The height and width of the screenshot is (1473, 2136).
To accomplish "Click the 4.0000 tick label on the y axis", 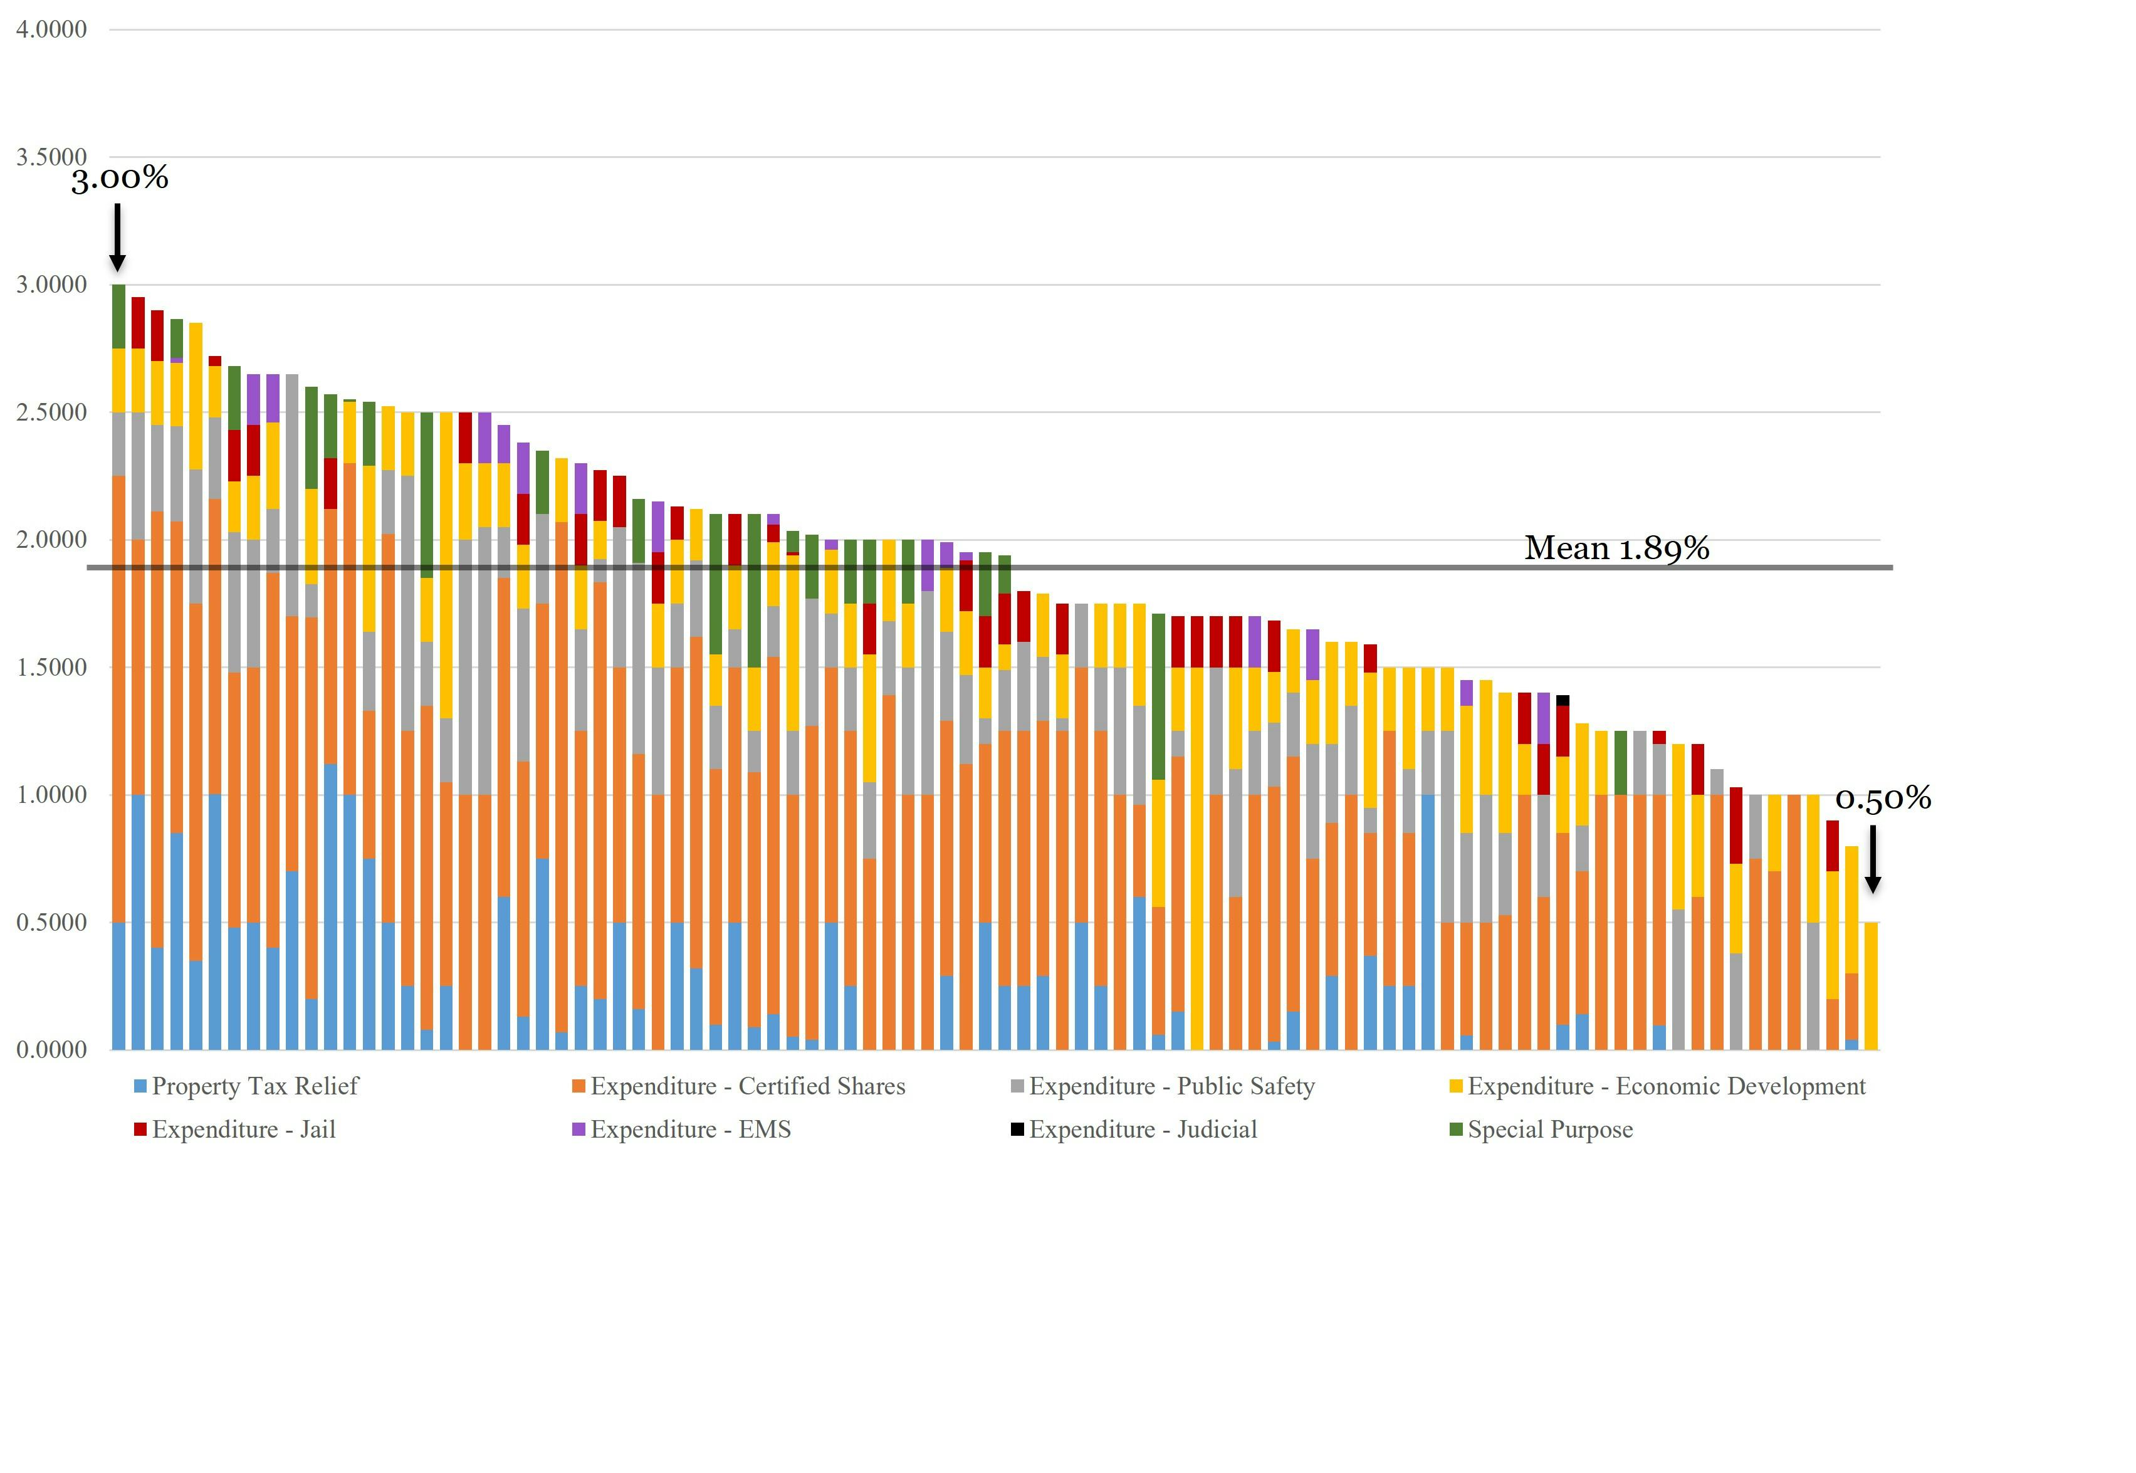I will (51, 29).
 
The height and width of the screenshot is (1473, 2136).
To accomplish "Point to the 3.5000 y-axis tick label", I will (51, 157).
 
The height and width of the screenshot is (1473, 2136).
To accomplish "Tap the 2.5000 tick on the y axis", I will (51, 412).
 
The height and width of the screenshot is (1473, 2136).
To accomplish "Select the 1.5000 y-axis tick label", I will (51, 668).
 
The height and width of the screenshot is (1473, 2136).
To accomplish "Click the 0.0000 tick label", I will (51, 1049).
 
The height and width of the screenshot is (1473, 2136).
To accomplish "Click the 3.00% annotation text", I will (120, 178).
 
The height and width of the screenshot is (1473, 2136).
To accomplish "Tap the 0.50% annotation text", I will (1882, 799).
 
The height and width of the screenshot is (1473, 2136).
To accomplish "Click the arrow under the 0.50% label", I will (1872, 858).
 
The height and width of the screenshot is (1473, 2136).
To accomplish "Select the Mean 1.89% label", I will (1616, 548).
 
